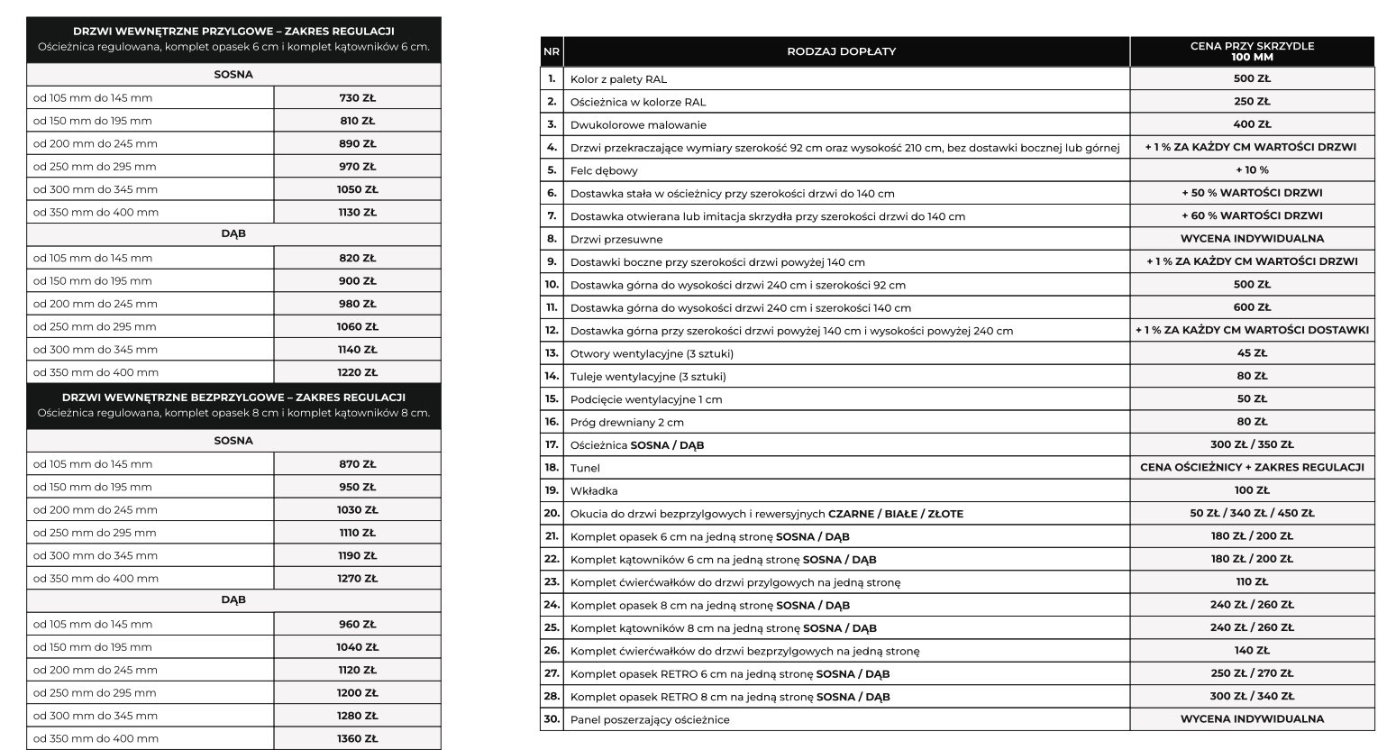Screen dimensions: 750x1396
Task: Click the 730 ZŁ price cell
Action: (x=357, y=97)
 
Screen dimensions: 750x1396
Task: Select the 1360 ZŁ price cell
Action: (x=357, y=738)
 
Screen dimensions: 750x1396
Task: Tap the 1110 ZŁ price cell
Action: (x=357, y=533)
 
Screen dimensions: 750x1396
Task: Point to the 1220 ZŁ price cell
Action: (x=357, y=372)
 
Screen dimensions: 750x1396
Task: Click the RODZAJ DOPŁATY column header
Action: (x=841, y=51)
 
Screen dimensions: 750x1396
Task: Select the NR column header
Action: (x=552, y=51)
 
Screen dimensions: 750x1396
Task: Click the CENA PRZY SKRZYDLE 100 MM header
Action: (x=1252, y=51)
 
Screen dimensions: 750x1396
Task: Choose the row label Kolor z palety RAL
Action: (x=618, y=79)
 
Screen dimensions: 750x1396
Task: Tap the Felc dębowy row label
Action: (x=604, y=170)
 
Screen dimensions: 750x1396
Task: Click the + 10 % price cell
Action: (x=1252, y=170)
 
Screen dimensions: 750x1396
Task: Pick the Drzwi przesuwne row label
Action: (x=616, y=239)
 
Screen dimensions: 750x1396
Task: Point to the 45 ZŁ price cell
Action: (x=1252, y=353)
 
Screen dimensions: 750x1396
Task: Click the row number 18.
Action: (x=552, y=468)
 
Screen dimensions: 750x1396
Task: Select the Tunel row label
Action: (x=585, y=468)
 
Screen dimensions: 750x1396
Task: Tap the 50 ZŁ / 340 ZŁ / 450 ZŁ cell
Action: (x=1252, y=514)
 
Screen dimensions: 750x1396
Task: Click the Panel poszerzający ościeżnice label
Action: (x=650, y=719)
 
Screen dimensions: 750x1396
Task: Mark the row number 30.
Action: (x=552, y=719)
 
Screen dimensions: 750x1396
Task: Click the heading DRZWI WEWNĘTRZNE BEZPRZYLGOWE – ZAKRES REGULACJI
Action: (x=233, y=398)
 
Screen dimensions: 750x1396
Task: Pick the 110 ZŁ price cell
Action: (x=1252, y=582)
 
